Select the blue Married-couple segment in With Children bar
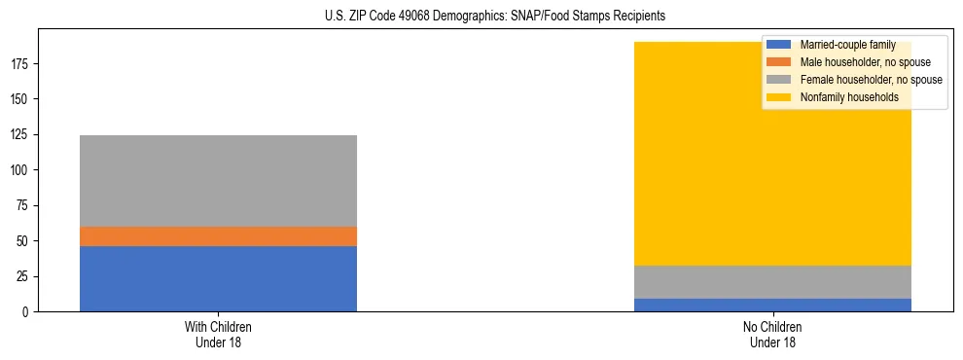[218, 278]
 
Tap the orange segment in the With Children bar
[218, 236]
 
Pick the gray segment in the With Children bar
[218, 181]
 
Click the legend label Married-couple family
[847, 45]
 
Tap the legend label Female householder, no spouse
[871, 80]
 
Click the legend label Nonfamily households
[849, 97]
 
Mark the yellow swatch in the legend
[779, 97]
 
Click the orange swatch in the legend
[779, 62]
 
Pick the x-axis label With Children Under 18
[218, 334]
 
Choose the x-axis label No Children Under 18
[772, 334]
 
